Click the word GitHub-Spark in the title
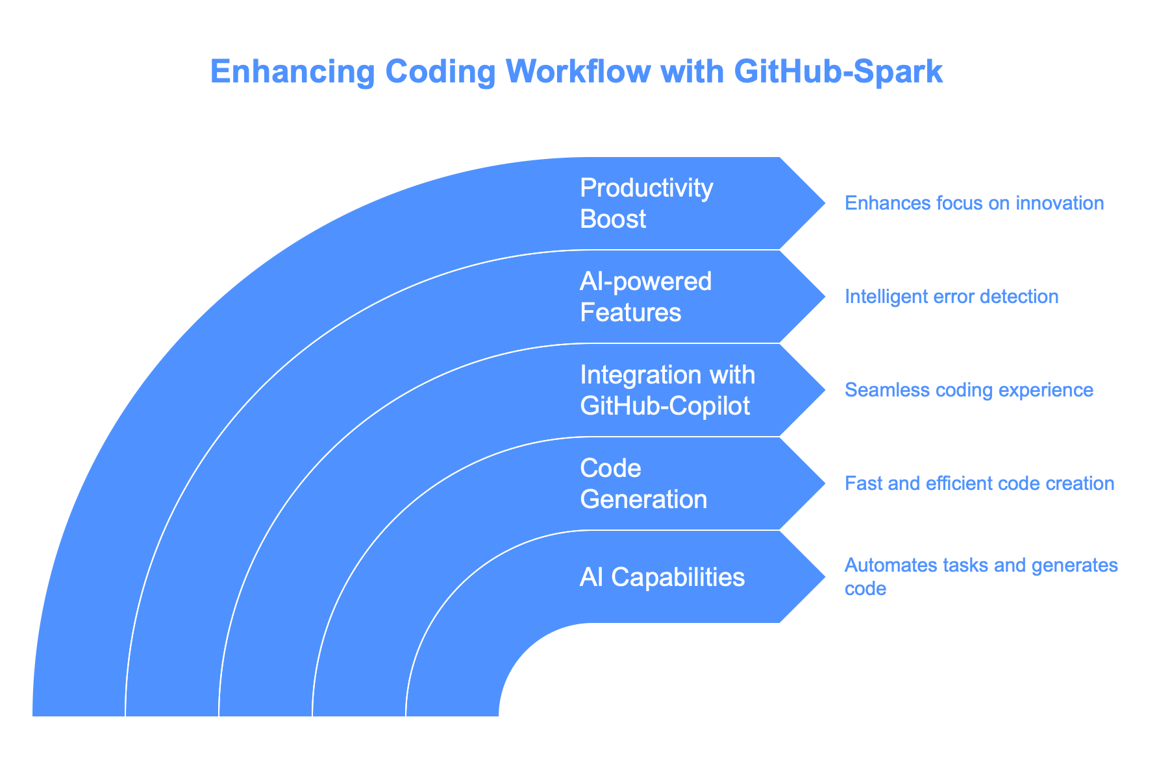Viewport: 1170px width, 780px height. click(x=838, y=71)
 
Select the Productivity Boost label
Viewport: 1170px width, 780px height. click(x=646, y=203)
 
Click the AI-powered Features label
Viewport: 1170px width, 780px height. click(x=645, y=297)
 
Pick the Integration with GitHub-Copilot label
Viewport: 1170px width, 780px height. click(x=667, y=390)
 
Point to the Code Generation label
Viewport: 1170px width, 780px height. click(x=643, y=483)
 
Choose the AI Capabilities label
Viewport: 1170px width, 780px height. click(x=662, y=577)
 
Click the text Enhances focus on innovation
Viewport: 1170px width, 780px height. click(x=974, y=203)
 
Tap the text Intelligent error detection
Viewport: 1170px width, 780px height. click(x=951, y=297)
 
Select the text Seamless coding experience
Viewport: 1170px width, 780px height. click(x=969, y=390)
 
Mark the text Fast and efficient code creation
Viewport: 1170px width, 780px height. click(x=979, y=483)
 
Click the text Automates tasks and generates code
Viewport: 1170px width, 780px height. click(x=980, y=576)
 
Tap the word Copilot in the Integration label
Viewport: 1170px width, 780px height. click(x=713, y=406)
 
